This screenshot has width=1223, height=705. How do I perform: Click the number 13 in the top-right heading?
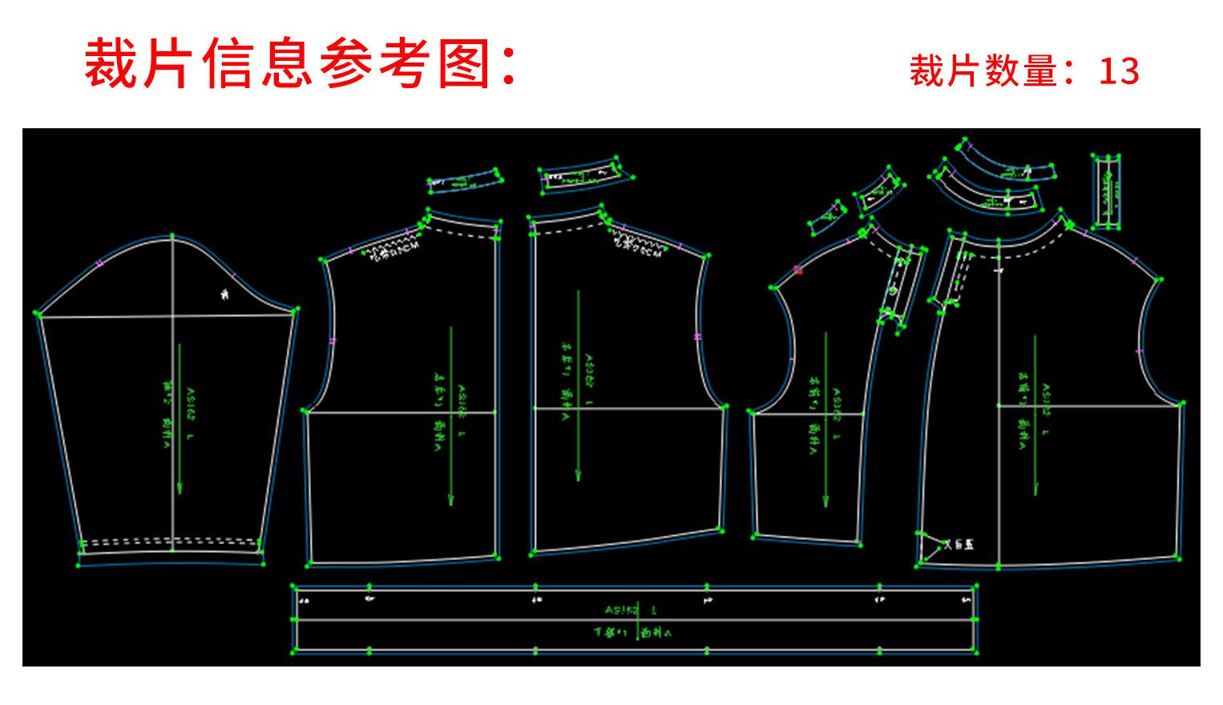pos(1119,71)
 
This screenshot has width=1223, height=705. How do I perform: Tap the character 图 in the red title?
pos(465,64)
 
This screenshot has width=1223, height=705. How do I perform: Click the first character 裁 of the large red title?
pos(111,64)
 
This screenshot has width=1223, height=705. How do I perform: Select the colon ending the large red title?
pos(509,64)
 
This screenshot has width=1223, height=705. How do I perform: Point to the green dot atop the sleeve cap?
pos(172,236)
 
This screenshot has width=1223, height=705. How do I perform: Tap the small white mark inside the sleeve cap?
pos(224,295)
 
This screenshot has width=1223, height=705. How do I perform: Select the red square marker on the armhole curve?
pos(798,270)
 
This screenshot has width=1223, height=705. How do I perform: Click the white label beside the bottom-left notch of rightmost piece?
pos(959,545)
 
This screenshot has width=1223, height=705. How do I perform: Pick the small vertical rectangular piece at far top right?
pos(1107,191)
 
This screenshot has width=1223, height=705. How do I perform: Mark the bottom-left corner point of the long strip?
pos(293,652)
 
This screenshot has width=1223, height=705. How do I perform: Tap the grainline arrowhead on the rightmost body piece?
pos(1035,489)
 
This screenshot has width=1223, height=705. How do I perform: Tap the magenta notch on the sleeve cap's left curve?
pos(101,263)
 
